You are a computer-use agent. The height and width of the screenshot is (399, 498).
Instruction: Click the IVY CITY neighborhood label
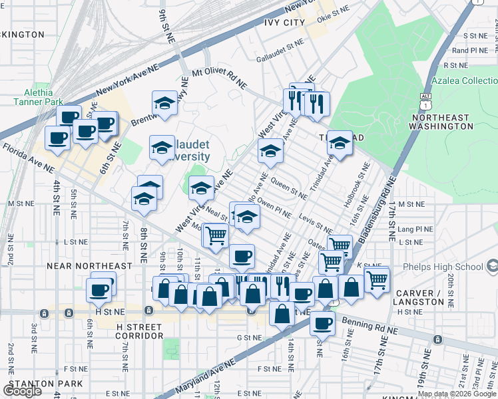coord(285,23)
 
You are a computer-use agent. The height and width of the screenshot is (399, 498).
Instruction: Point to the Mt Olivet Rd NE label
coord(219,79)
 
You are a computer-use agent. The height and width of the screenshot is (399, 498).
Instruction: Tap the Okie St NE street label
coord(333,13)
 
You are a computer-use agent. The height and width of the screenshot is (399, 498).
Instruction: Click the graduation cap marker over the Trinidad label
coord(340,143)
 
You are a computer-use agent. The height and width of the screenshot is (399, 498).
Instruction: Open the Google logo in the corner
coord(22,391)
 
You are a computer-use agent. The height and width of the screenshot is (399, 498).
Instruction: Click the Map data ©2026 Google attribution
coord(457,394)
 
